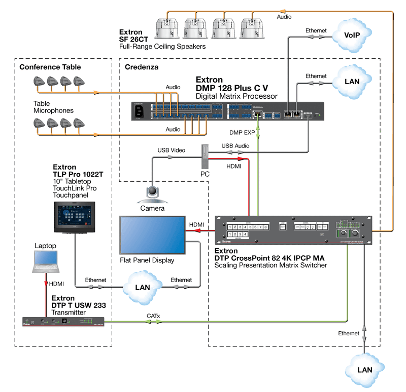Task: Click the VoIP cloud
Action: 352,35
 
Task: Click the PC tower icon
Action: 205,156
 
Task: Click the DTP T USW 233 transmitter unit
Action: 63,321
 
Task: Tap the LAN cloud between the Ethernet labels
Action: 143,287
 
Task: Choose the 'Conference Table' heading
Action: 50,67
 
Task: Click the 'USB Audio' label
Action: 236,146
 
